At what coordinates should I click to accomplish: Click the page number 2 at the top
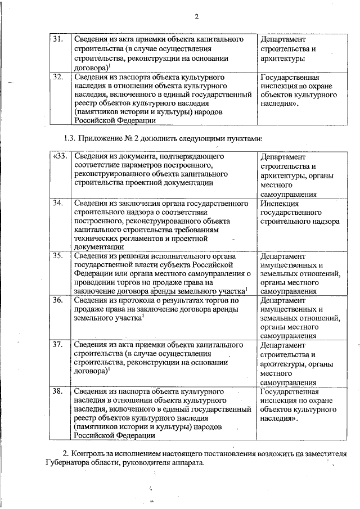[197, 16]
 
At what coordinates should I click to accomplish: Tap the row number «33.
[59, 156]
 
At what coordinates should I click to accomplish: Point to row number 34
[58, 202]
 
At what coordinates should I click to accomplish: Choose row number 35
[58, 256]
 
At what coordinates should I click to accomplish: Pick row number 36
[58, 300]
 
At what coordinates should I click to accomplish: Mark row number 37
[58, 344]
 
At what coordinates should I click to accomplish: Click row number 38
[58, 390]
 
